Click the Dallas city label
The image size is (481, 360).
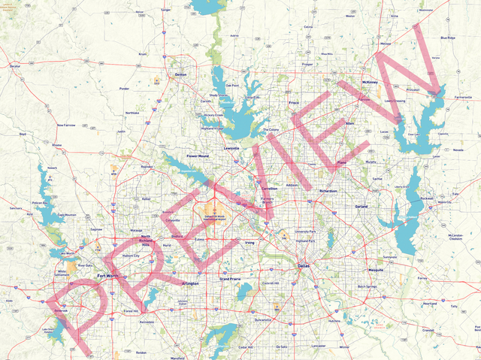(x=303, y=267)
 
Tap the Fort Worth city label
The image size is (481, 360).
(x=107, y=277)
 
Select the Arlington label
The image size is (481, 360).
(x=191, y=283)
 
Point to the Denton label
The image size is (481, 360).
(x=180, y=75)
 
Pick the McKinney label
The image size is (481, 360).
(x=370, y=81)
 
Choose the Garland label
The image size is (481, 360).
(x=362, y=205)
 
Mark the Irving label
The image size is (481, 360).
(x=251, y=243)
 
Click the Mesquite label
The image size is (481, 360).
(x=376, y=268)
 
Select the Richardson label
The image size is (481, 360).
(x=328, y=191)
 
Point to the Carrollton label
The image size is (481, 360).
(x=269, y=189)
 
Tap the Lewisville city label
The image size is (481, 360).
(x=231, y=148)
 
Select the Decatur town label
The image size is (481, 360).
(x=15, y=66)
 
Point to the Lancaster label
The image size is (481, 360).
(x=319, y=345)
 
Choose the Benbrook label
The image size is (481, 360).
(x=61, y=309)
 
